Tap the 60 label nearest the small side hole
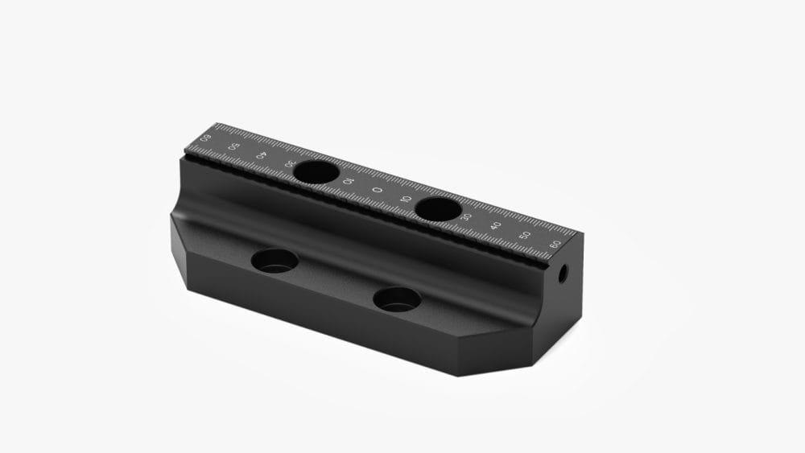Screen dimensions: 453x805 [x=555, y=244]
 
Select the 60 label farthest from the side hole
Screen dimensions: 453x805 [x=206, y=138]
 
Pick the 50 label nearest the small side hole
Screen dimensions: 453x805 [x=525, y=235]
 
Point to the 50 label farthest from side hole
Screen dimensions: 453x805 [x=233, y=146]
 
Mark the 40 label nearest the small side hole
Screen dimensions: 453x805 [x=496, y=226]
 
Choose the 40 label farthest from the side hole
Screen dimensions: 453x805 [x=261, y=155]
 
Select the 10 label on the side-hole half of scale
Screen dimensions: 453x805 [x=406, y=199]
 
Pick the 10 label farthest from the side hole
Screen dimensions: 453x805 [x=348, y=182]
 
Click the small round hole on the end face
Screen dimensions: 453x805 [x=563, y=274]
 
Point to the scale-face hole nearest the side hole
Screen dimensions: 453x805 [x=439, y=209]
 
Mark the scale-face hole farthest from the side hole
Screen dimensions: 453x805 [x=316, y=171]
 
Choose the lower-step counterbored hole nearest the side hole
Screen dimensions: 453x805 [x=397, y=299]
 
